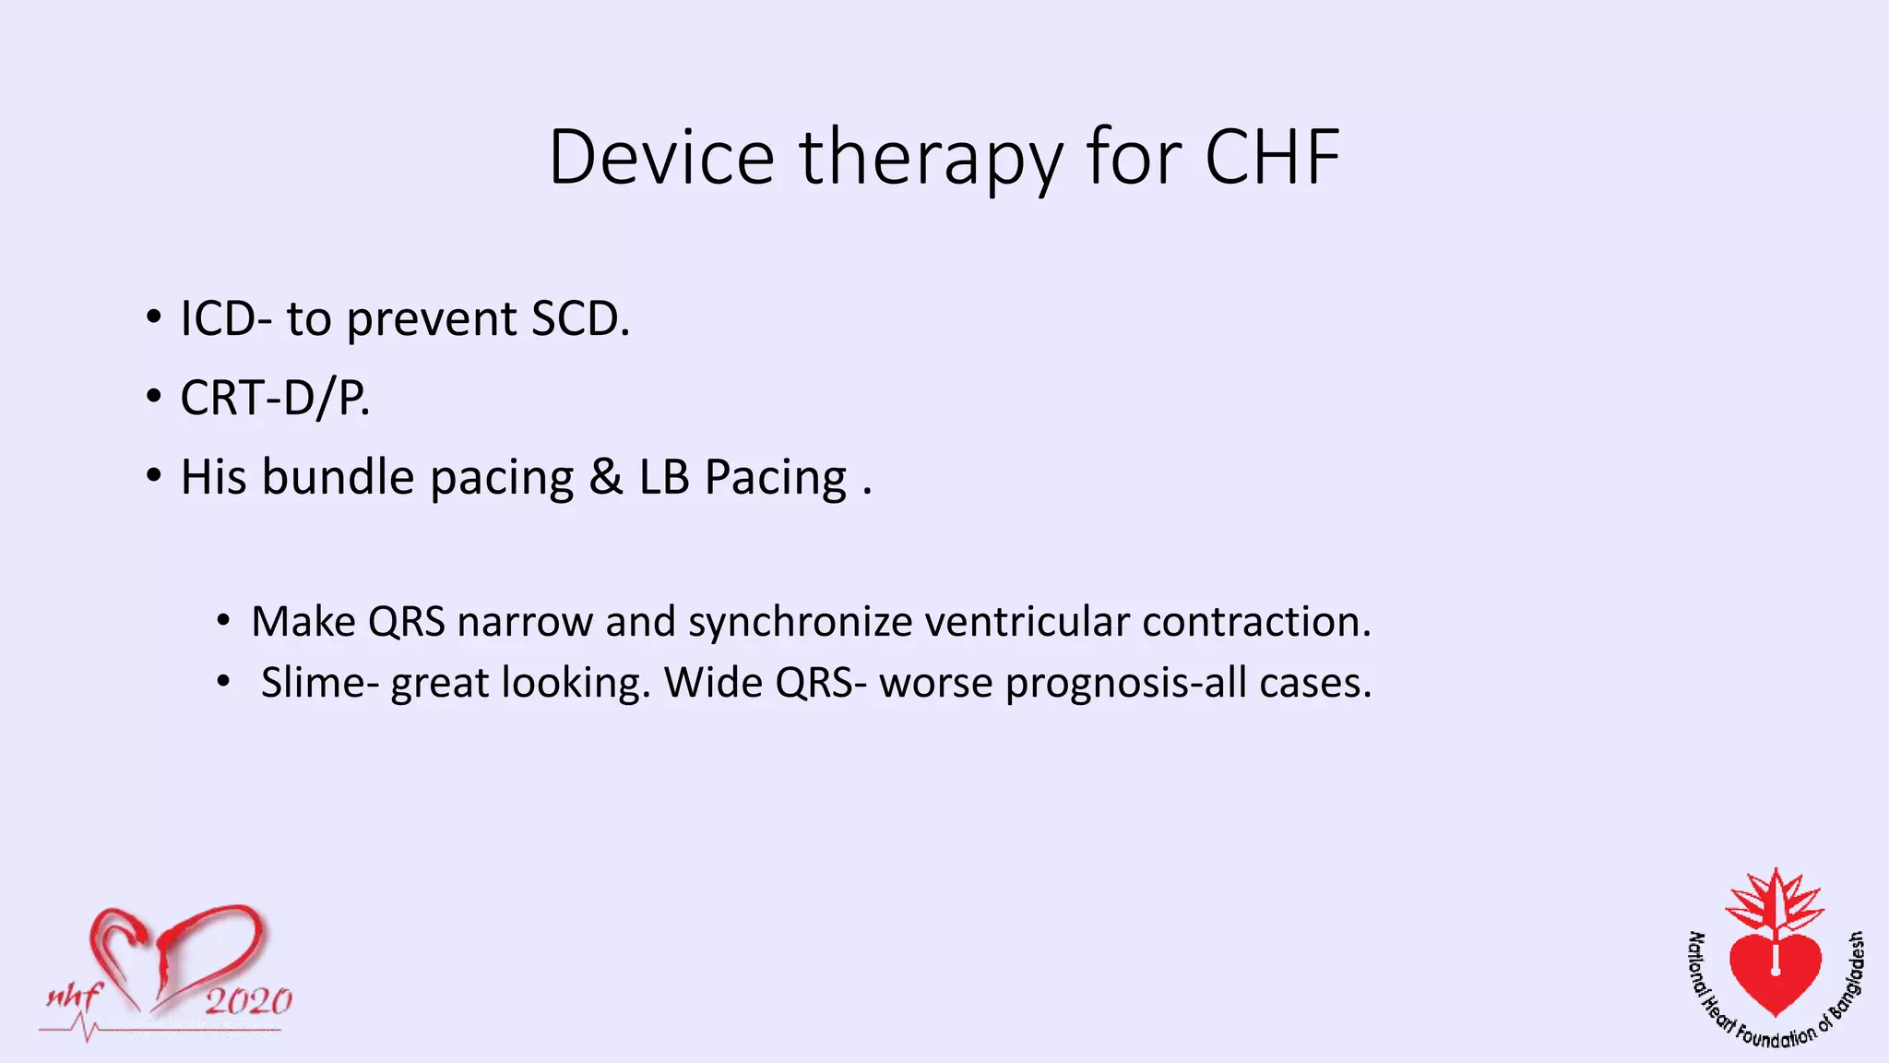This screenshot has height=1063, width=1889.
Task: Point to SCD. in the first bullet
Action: click(x=580, y=319)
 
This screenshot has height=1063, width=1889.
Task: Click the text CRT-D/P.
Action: click(x=275, y=399)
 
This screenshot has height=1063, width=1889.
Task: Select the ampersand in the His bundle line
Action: click(x=605, y=478)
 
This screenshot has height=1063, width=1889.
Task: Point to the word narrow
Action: click(x=525, y=622)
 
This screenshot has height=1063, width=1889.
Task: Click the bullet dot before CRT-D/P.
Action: click(x=153, y=398)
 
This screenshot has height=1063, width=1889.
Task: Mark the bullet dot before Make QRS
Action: click(x=223, y=622)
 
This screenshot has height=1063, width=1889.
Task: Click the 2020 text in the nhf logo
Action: click(x=248, y=1001)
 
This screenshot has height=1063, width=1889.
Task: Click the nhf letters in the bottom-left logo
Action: click(x=74, y=997)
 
